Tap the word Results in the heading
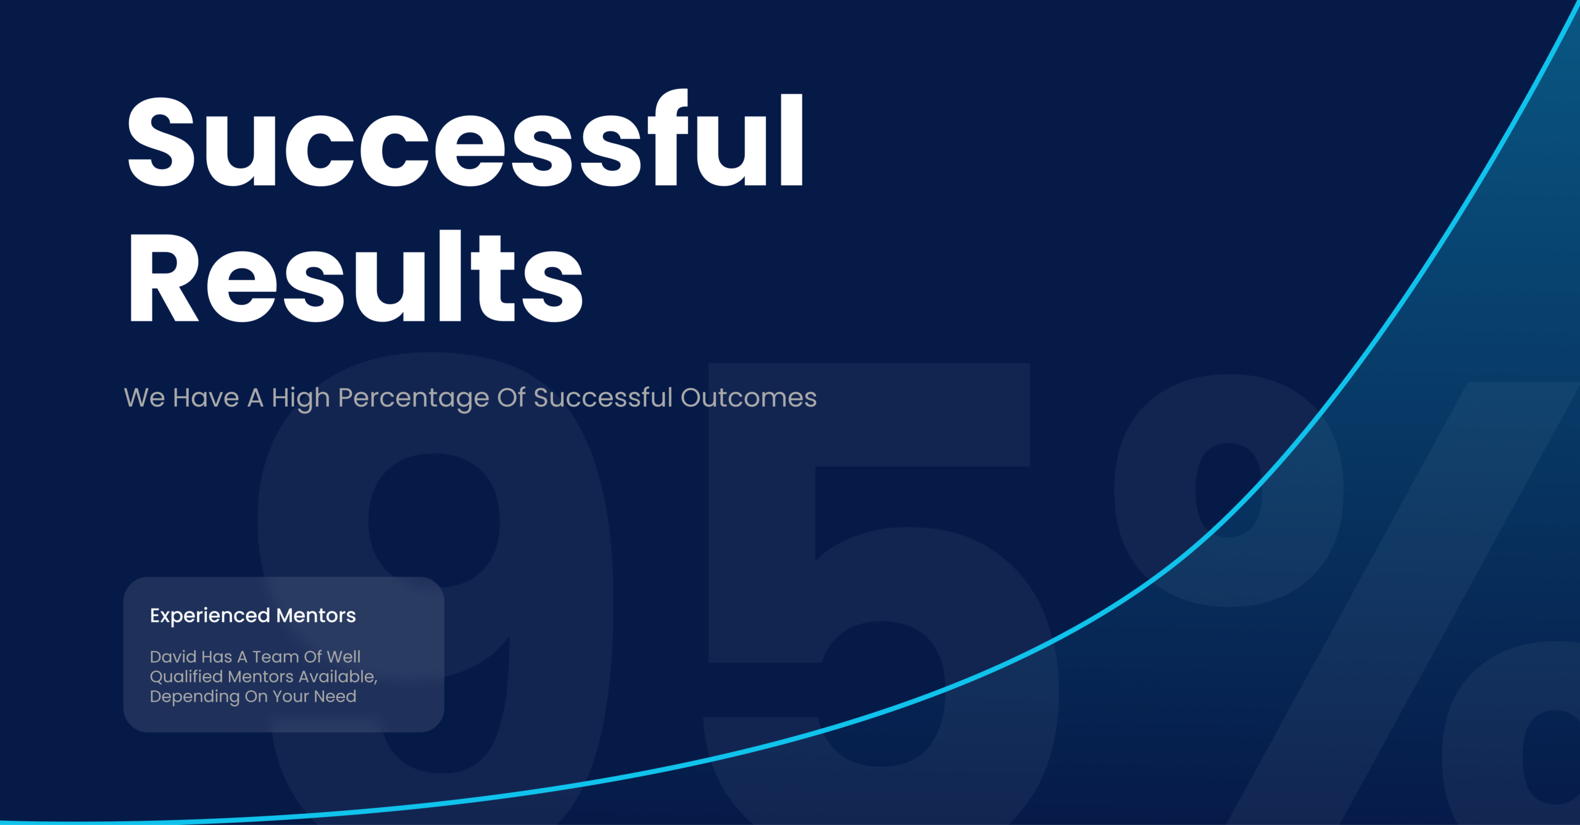tap(355, 275)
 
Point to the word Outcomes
tap(749, 397)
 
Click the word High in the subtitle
tap(301, 399)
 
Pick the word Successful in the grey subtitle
tap(603, 397)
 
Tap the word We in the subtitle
tap(144, 398)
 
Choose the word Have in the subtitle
tap(206, 398)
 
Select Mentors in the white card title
tap(316, 615)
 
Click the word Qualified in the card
tap(186, 676)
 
